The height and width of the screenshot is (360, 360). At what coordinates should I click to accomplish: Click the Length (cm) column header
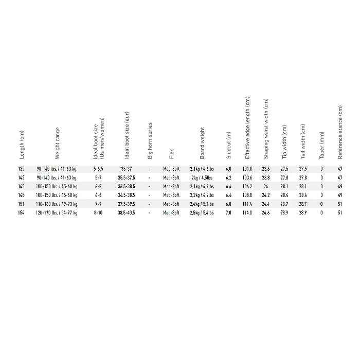(22, 145)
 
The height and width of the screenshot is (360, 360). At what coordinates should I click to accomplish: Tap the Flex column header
(171, 153)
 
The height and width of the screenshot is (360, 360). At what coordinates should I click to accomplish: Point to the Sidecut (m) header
(229, 145)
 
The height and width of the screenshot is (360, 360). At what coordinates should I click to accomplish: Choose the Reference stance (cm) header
(340, 133)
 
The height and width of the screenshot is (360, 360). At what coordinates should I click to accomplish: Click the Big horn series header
(150, 140)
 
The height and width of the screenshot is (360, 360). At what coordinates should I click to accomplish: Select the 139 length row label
(21, 169)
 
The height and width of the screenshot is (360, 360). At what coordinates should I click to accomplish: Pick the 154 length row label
(21, 212)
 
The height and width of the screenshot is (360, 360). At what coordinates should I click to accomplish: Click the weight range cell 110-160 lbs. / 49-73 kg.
(57, 204)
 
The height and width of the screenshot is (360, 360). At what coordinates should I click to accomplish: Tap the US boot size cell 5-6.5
(98, 169)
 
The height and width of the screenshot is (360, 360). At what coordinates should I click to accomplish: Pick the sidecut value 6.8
(229, 204)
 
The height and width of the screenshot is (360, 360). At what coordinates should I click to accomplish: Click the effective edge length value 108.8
(247, 195)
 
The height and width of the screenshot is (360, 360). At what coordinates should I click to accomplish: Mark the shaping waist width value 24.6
(266, 212)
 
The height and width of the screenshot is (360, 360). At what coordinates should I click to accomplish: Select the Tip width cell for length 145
(284, 186)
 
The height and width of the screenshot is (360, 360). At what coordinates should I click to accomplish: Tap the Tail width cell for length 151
(303, 204)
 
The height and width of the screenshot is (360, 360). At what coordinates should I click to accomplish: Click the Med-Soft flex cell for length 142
(171, 177)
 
